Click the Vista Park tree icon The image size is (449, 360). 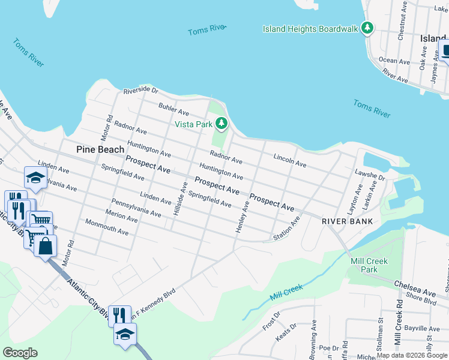tap(222, 124)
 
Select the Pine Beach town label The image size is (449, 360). tap(100, 149)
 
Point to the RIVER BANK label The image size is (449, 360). tap(348, 221)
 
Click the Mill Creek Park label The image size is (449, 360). tap(369, 265)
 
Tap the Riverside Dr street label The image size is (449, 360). tap(140, 91)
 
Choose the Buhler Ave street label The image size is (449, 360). tap(173, 109)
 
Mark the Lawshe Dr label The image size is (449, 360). tap(369, 178)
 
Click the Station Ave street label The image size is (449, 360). tap(286, 230)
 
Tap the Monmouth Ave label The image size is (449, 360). tap(107, 228)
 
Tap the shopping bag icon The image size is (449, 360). tap(46, 246)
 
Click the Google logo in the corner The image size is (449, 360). tap(20, 353)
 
